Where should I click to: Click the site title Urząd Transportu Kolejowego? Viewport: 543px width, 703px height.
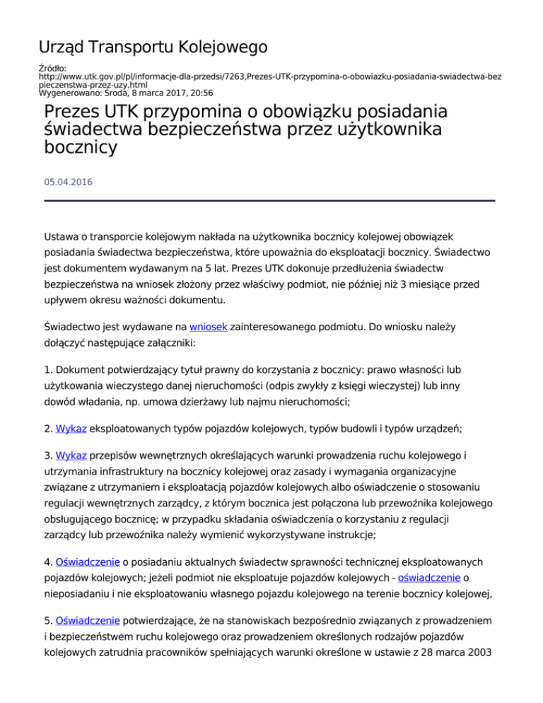coord(153,47)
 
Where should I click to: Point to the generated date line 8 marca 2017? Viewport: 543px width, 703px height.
coord(156,92)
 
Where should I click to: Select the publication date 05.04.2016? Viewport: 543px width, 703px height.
coord(67,182)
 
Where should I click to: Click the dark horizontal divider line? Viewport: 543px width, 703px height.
coord(269,201)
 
